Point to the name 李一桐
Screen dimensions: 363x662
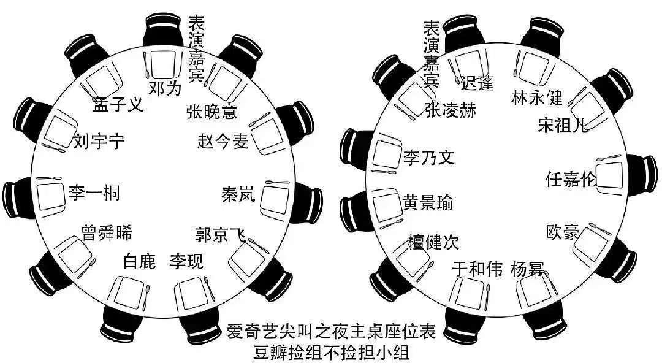(94, 193)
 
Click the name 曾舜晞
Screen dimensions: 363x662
(106, 233)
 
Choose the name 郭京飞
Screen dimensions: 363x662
(220, 235)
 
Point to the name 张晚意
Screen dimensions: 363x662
(211, 112)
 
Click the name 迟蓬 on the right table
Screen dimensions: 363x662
(476, 83)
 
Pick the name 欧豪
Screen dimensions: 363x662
(562, 232)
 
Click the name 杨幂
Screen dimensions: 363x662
(527, 270)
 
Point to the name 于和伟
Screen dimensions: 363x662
(477, 269)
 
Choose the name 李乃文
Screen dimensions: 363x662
(428, 158)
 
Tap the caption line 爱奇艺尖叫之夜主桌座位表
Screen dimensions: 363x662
(331, 333)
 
